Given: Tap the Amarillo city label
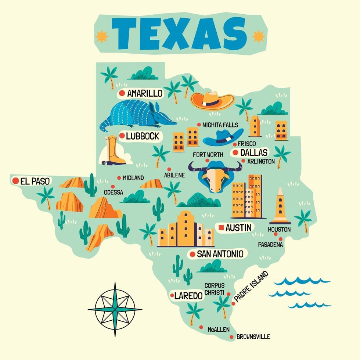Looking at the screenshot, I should click(x=144, y=93).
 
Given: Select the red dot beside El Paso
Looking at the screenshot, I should click(x=16, y=181).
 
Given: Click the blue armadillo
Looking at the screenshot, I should click(x=138, y=114).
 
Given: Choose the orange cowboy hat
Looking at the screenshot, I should click(x=212, y=100).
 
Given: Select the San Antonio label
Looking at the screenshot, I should click(x=220, y=254).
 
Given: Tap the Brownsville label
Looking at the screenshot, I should click(x=253, y=336).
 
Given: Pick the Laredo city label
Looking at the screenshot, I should click(x=188, y=296).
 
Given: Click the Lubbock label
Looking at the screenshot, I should click(x=142, y=136).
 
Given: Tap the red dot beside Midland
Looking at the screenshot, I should click(x=119, y=178).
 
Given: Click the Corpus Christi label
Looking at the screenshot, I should click(x=215, y=289).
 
